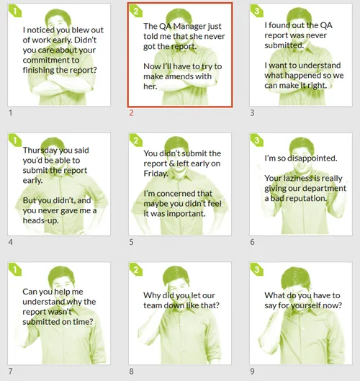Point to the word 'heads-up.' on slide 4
tap(40, 220)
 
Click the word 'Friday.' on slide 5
tap(156, 174)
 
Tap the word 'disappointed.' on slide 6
tap(312, 158)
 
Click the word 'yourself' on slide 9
tap(306, 305)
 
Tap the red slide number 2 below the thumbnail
tap(131, 113)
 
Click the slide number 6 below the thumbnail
tap(252, 242)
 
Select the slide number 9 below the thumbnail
tap(252, 372)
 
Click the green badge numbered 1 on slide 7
tap(15, 269)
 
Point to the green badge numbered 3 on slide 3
tap(257, 11)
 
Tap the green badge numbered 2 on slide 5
tap(136, 140)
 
